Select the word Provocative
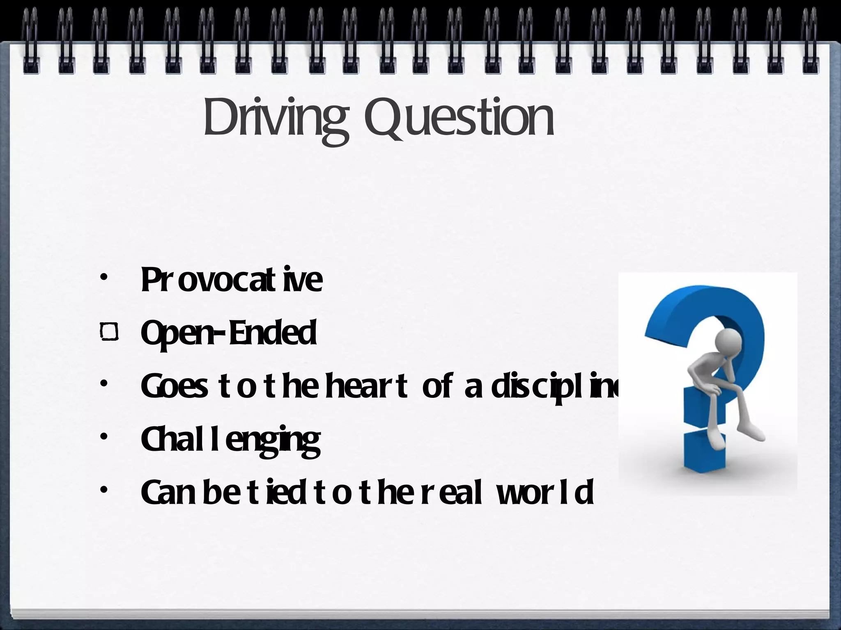tap(232, 280)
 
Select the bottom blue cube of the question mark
tap(705, 451)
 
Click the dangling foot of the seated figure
tap(754, 434)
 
